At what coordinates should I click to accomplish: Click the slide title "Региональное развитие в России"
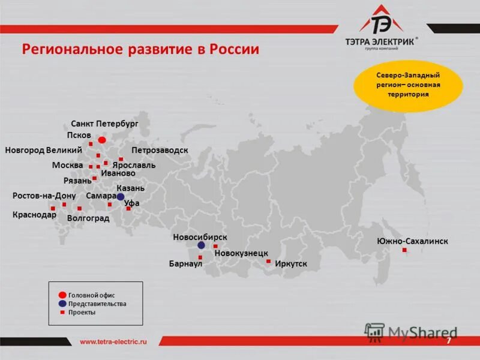[x=140, y=49]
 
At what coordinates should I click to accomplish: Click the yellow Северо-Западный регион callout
[x=408, y=85]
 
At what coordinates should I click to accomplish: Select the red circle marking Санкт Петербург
[x=102, y=140]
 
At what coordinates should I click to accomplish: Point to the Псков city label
[x=79, y=135]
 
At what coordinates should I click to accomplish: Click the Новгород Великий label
[x=43, y=149]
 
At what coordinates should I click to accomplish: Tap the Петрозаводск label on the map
[x=160, y=149]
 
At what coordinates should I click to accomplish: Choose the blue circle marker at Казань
[x=121, y=196]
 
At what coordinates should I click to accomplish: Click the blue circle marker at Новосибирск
[x=201, y=245]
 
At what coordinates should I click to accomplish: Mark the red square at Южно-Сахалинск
[x=404, y=250]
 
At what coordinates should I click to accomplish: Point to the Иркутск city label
[x=290, y=263]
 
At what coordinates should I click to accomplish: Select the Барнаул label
[x=185, y=263]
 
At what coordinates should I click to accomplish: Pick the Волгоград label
[x=88, y=218]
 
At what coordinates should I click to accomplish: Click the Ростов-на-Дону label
[x=44, y=196]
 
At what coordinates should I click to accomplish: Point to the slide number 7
[x=448, y=341]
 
